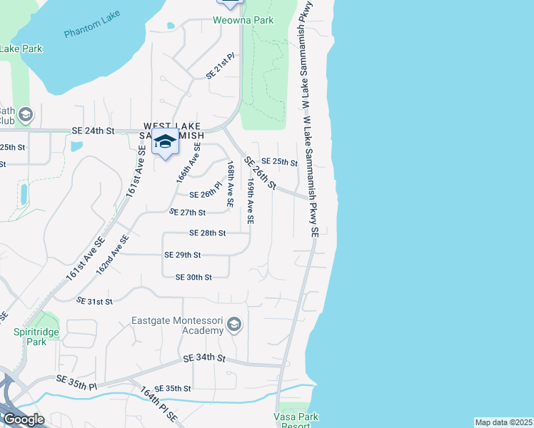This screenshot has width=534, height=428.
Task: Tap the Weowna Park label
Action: coord(243,21)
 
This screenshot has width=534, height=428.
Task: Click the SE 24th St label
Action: coord(94,131)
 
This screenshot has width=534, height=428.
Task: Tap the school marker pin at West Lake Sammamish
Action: coord(165,142)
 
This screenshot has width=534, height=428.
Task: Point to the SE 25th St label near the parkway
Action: coord(278,163)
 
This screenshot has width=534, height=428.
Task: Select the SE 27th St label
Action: coord(188,213)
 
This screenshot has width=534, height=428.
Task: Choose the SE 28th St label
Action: coord(207,233)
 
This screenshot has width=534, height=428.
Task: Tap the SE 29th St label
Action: coord(182,255)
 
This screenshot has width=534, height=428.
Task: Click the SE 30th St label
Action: coord(193,277)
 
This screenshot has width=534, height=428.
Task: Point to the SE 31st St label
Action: coord(94,302)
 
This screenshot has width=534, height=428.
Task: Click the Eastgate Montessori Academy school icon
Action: coord(233,326)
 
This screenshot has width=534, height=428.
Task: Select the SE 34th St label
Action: coord(204,357)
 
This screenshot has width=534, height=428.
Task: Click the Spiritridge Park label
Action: coord(30,337)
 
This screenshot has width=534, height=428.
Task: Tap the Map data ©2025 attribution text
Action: coord(504,422)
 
